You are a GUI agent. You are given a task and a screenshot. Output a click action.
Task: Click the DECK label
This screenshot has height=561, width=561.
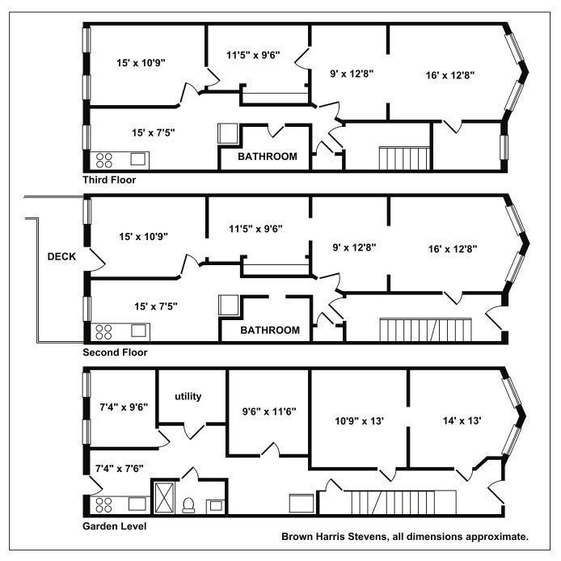point(61,256)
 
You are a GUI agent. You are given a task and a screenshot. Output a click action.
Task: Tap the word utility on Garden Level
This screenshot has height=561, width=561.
point(188,396)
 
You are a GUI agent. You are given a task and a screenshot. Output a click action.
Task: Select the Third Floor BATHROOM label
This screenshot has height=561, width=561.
point(268,156)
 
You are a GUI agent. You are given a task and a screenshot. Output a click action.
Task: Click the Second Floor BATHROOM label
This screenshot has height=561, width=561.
point(270,330)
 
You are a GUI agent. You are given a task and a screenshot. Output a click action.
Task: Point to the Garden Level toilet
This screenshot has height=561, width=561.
point(188,505)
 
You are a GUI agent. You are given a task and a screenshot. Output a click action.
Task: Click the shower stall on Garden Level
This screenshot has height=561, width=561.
point(165,498)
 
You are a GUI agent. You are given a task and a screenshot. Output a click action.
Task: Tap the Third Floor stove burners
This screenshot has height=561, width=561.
point(104,160)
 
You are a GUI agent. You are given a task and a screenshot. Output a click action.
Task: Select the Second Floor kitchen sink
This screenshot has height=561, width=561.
point(138,331)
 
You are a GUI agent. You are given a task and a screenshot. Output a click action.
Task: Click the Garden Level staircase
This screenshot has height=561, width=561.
point(403,502)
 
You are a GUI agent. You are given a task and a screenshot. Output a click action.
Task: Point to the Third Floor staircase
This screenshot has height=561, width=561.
point(404,158)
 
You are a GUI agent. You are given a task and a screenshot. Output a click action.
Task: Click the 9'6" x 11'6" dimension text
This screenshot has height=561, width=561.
point(269,411)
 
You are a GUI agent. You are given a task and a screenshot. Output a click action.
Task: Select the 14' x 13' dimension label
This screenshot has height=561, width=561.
point(462,420)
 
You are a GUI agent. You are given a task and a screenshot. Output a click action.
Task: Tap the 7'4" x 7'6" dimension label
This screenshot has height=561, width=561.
point(119,468)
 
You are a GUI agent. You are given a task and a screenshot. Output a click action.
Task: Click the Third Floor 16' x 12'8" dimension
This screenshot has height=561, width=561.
point(449,75)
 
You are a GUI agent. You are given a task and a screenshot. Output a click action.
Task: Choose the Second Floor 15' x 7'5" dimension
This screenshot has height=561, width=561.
point(156,306)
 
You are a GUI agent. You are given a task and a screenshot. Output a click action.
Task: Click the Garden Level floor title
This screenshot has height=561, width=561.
point(115,526)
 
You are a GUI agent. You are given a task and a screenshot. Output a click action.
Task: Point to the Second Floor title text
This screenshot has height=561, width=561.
point(115,352)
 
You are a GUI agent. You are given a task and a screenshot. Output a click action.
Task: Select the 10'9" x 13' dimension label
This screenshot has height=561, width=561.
point(359,421)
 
